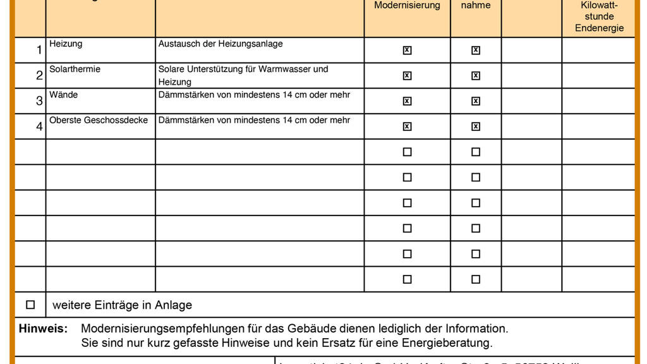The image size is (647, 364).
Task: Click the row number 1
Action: [39, 51]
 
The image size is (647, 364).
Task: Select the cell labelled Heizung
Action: [66, 44]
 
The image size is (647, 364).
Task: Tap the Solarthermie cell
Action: [75, 69]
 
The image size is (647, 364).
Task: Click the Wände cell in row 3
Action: [64, 95]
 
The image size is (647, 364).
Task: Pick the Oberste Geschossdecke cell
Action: [99, 120]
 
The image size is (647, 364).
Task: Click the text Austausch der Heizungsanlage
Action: [221, 44]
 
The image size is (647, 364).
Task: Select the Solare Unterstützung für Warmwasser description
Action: [243, 75]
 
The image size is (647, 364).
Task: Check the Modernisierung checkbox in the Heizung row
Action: [407, 51]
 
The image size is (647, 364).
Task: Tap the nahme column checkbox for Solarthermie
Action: [476, 76]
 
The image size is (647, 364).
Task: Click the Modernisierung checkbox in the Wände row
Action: [407, 101]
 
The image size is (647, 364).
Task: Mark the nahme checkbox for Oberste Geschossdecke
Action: [476, 126]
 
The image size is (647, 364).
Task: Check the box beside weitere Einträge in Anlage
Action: [30, 305]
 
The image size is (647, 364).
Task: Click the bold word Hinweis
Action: [43, 329]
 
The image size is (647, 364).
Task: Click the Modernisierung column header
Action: [407, 5]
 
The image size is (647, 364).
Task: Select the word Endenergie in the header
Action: [599, 28]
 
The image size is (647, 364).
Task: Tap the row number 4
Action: [39, 126]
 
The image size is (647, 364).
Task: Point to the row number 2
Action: [39, 76]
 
